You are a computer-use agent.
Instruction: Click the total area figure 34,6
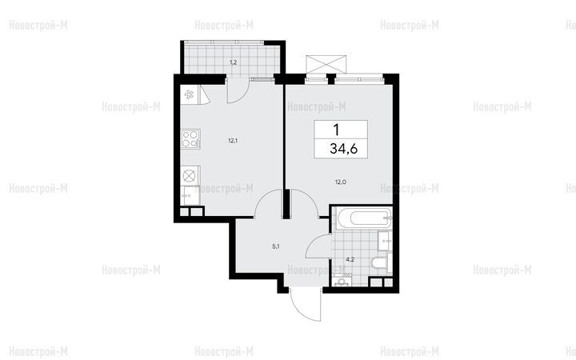pos(343,149)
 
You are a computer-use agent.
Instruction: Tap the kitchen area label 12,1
pos(233,140)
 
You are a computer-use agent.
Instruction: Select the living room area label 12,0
pos(341,182)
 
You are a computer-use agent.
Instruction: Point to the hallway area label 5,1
pos(276,247)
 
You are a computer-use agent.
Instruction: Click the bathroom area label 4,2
pos(350,260)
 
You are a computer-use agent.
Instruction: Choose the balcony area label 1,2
pos(234,62)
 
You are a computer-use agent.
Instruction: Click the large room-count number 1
pos(336,130)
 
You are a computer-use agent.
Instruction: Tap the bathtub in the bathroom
pos(362,218)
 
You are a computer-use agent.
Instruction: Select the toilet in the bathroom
pos(378,263)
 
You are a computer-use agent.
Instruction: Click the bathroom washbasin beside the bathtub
pos(386,241)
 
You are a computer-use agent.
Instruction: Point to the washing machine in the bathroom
pos(342,280)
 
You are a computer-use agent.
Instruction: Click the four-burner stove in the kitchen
pos(190,139)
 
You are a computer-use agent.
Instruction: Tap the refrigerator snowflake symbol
pos(189,94)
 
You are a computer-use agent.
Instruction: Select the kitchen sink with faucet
pos(190,195)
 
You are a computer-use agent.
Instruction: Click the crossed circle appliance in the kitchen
pos(190,175)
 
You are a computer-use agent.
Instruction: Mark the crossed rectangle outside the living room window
pos(326,65)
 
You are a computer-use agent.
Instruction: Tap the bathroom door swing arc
pos(317,243)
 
